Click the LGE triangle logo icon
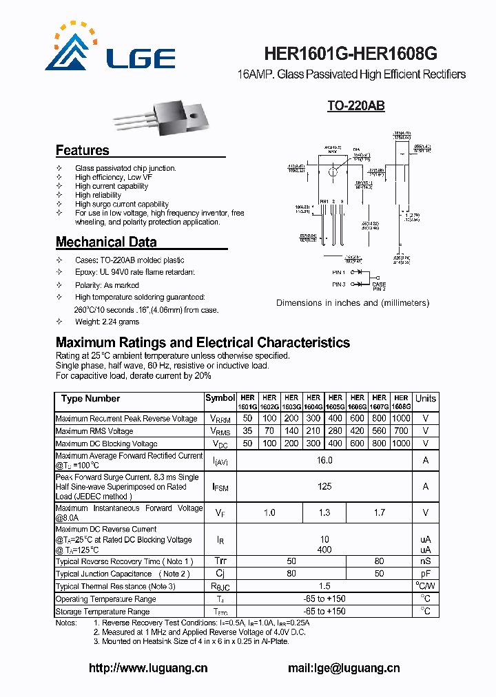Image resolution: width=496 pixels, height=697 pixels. [72, 49]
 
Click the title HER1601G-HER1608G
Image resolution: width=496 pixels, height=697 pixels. [351, 54]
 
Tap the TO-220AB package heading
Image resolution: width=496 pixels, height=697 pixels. [355, 106]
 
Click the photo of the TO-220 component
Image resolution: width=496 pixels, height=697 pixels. [168, 116]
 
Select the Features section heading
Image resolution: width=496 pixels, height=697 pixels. [82, 150]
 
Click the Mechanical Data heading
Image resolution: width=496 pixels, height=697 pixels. [105, 242]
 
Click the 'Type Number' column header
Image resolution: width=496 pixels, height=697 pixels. [90, 399]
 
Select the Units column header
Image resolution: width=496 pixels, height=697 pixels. [425, 399]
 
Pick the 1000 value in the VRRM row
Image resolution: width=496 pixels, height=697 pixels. [401, 419]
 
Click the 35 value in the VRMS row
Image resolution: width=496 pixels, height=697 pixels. [248, 431]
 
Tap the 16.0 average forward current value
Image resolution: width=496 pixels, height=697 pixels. [324, 460]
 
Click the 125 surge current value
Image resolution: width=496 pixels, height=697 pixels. [324, 486]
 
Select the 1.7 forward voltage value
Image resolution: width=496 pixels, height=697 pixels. [379, 512]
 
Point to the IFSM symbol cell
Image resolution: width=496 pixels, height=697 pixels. [220, 486]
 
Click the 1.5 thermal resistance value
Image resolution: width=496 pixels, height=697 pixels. [324, 586]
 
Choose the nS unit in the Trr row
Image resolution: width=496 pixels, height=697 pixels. [425, 561]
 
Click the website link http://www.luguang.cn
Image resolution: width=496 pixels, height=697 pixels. [148, 668]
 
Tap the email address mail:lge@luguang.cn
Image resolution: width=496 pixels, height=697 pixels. [344, 668]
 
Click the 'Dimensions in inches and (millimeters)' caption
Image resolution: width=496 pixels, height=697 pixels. [352, 303]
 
